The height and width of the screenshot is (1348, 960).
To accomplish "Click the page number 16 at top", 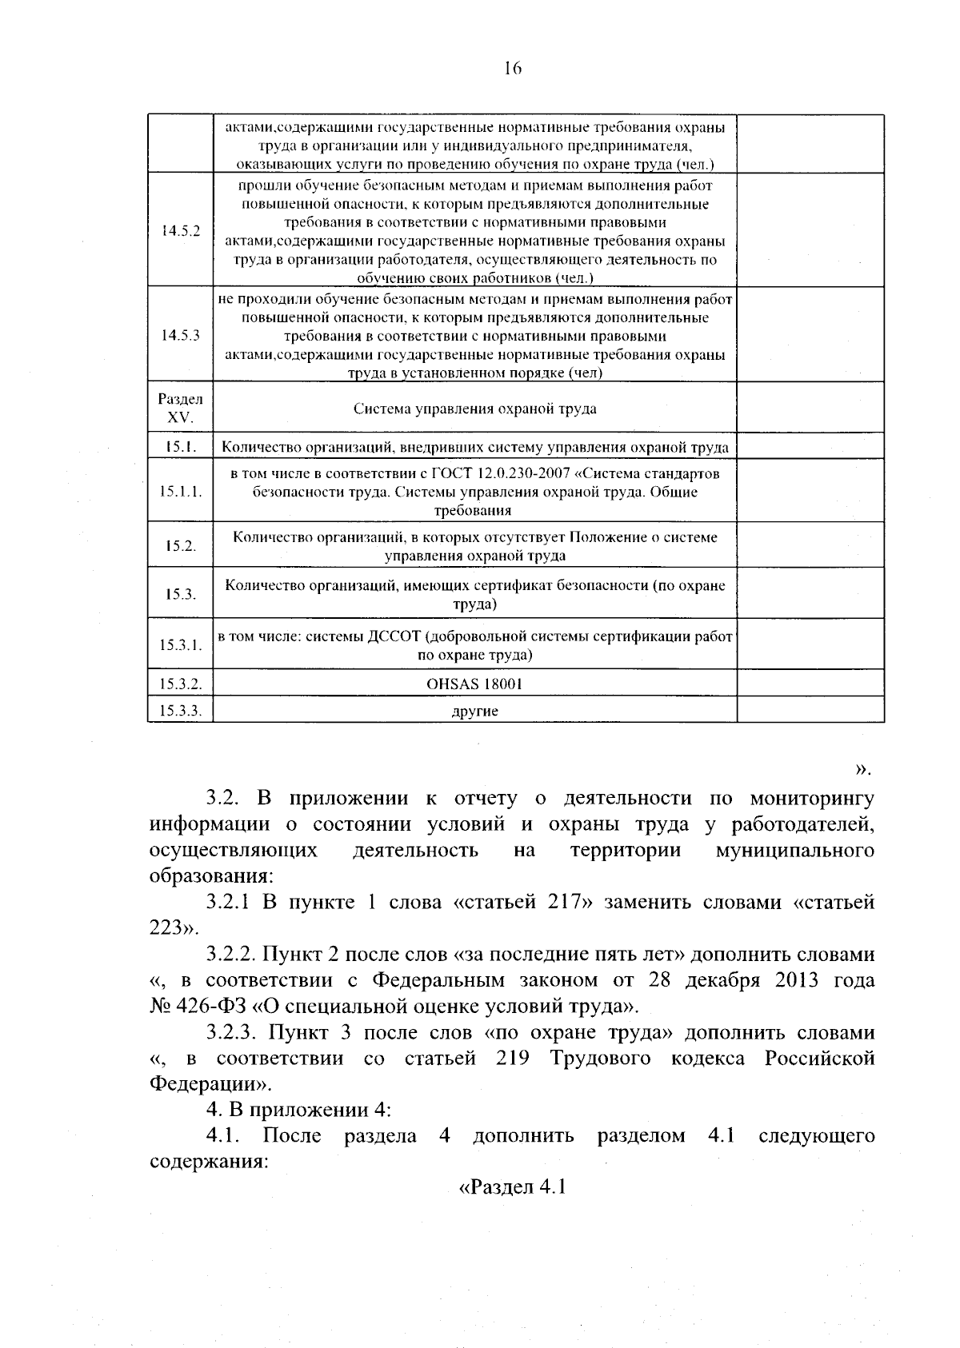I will point(513,69).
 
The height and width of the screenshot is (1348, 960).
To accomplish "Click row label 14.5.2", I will point(180,230).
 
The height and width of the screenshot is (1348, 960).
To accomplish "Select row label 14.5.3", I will point(180,336).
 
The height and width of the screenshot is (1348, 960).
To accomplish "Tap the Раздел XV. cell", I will point(180,408).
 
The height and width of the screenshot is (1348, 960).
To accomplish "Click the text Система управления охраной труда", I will point(474,409).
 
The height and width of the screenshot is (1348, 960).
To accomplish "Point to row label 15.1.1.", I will point(180,492).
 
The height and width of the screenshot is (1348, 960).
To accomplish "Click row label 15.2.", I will point(180,546).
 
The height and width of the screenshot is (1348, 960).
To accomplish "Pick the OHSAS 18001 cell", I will point(474,684).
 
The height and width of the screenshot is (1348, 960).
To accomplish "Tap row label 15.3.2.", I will point(180,684).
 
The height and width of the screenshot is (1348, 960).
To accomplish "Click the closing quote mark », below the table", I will point(862,769).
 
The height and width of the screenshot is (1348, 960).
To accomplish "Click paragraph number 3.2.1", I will point(229,903).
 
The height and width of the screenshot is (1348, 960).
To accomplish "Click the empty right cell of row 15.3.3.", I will point(810,710).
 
